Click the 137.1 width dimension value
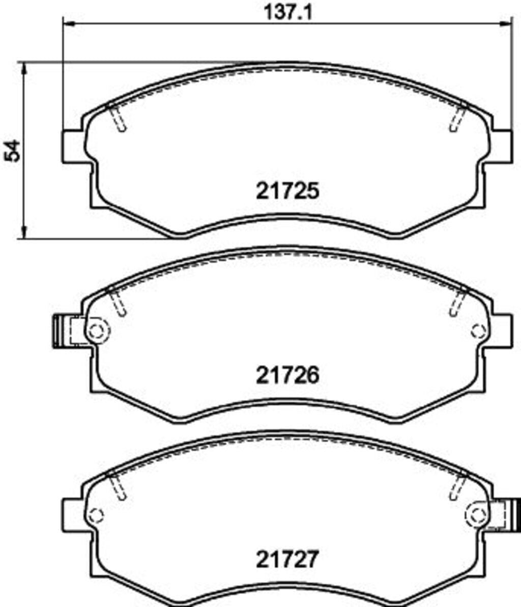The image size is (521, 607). [x=287, y=12]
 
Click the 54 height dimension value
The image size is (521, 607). [x=12, y=151]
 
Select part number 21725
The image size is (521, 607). [x=287, y=190]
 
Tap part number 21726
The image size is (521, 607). [x=287, y=375]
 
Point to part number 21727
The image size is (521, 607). [x=287, y=559]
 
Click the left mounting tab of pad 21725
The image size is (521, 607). [x=72, y=147]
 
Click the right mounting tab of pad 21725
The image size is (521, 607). [x=502, y=147]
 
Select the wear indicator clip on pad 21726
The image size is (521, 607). [x=62, y=331]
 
